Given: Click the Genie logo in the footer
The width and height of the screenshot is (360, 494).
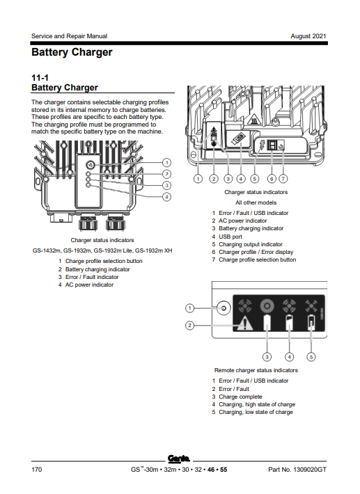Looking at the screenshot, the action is tap(179, 459).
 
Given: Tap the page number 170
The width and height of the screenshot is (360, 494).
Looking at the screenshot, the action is tap(37, 470).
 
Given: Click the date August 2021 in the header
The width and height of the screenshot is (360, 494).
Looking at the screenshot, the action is tap(308, 36).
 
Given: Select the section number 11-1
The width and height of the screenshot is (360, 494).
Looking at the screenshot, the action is tap(40, 77).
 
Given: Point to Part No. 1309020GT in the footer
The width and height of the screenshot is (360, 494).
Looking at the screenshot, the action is tap(297, 470).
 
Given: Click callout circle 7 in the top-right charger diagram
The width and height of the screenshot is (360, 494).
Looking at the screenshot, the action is tap(283, 179).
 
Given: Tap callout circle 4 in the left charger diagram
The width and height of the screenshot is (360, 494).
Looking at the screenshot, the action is tap(166, 197).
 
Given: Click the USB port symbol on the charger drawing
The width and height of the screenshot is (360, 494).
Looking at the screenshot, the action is tap(238, 138).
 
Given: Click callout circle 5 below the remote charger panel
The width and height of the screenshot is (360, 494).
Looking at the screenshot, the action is tap(311, 357).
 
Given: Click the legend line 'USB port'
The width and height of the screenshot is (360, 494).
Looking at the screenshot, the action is tap(227, 237).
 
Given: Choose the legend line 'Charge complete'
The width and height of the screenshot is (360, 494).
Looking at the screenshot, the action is tap(237, 397).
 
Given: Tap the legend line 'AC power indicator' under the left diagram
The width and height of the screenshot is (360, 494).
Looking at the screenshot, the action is tap(86, 285).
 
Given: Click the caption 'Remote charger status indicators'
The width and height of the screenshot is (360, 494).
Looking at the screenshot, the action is tap(256, 370).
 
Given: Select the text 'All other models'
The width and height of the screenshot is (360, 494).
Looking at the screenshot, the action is tap(256, 202).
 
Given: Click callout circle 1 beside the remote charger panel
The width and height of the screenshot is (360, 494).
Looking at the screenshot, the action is tap(189, 308).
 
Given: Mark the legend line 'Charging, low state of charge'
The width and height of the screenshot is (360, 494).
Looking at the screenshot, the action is tap(252, 412).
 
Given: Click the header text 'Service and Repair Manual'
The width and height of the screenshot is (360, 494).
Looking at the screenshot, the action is tap(70, 36).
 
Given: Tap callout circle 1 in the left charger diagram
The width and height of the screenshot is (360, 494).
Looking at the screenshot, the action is tap(166, 163).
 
